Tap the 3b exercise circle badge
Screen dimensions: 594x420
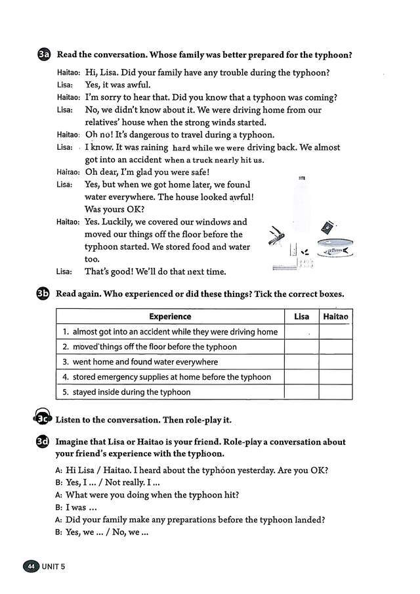44,294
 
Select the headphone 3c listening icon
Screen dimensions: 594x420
42,419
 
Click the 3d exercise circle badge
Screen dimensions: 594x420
44,442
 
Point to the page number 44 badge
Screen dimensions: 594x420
31,566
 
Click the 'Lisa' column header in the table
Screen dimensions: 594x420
301,317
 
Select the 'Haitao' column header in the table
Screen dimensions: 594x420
335,317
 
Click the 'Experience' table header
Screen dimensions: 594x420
170,317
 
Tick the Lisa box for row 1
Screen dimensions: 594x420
301,332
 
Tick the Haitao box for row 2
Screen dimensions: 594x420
335,347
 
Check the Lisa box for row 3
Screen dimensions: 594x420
301,362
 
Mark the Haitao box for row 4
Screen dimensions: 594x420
335,377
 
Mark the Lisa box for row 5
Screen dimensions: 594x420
301,392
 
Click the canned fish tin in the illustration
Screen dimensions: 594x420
335,248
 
